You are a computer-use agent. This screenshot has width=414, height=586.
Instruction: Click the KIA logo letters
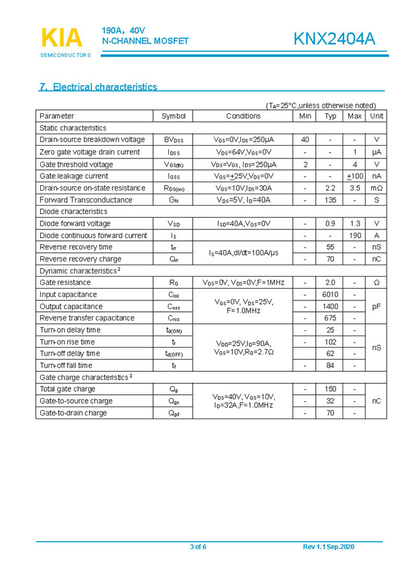(x=62, y=38)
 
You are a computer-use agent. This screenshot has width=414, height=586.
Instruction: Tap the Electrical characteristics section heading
(x=98, y=87)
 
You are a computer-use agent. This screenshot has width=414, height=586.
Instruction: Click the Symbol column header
(x=174, y=116)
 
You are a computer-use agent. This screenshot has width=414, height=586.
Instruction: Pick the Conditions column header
(x=243, y=116)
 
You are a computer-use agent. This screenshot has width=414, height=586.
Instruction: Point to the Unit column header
(x=376, y=116)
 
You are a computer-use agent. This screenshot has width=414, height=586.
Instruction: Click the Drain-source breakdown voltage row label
(x=92, y=139)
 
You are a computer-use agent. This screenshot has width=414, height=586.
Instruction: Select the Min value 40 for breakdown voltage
(x=305, y=139)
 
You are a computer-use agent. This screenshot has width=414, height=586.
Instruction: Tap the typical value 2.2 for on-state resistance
(x=330, y=188)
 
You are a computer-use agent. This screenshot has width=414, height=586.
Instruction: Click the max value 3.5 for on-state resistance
(x=355, y=188)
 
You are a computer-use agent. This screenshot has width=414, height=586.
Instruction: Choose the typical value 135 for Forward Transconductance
(x=330, y=199)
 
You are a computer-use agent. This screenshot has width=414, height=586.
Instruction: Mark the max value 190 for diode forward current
(x=355, y=235)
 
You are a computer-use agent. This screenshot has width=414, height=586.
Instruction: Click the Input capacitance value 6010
(x=330, y=295)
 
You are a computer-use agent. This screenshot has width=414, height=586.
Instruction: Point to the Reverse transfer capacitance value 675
(x=330, y=318)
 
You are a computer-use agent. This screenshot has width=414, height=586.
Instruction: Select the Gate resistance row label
(x=65, y=282)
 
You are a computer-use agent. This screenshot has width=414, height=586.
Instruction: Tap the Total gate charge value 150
(x=330, y=389)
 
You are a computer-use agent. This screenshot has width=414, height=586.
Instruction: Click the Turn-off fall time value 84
(x=330, y=366)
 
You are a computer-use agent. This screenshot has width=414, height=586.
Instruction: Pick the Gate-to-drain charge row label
(x=73, y=413)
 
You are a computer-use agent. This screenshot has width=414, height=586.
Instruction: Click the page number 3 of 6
(x=198, y=547)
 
